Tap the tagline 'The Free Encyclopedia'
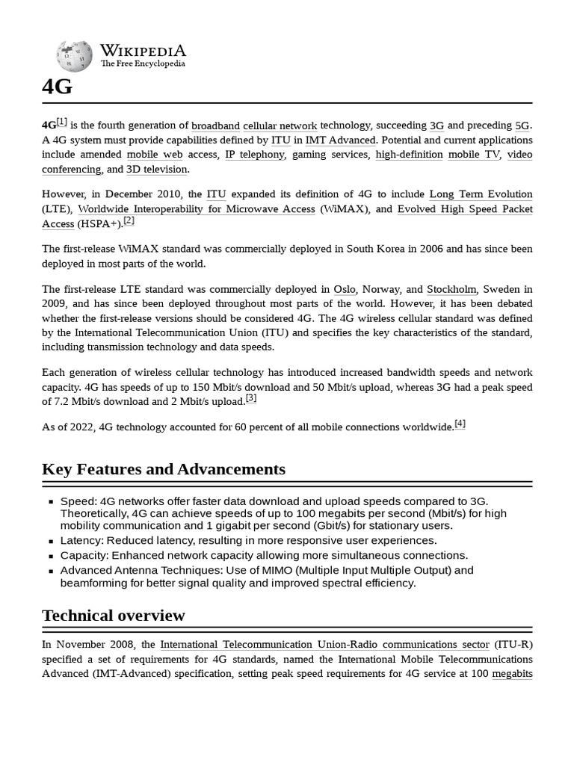[x=143, y=64]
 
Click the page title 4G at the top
[x=58, y=87]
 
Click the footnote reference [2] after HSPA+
[x=129, y=220]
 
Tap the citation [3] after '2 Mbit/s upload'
[x=251, y=398]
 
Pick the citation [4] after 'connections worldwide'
[x=460, y=424]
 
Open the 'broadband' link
[x=215, y=126]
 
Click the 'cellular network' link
[x=280, y=126]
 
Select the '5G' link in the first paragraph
[x=522, y=126]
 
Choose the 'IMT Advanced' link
[x=340, y=140]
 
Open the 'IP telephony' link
[x=255, y=155]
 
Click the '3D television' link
[x=157, y=170]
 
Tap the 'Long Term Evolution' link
[x=481, y=195]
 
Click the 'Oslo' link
[x=345, y=289]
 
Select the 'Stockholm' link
[x=451, y=289]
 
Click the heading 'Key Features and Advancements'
[x=164, y=469]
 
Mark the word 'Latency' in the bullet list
[x=81, y=540]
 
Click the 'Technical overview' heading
[x=114, y=616]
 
